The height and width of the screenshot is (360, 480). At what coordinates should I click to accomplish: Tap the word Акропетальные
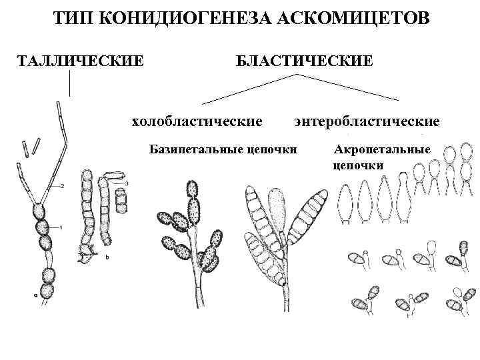pyautogui.click(x=381, y=149)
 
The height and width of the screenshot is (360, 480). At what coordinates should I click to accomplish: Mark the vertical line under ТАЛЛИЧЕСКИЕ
pyautogui.click(x=69, y=83)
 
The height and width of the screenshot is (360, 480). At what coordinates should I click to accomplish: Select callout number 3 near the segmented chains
pyautogui.click(x=127, y=182)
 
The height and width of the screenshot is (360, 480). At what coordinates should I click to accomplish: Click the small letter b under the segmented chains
pyautogui.click(x=108, y=255)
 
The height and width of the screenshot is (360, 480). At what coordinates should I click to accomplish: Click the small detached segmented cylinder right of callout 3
pyautogui.click(x=121, y=199)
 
